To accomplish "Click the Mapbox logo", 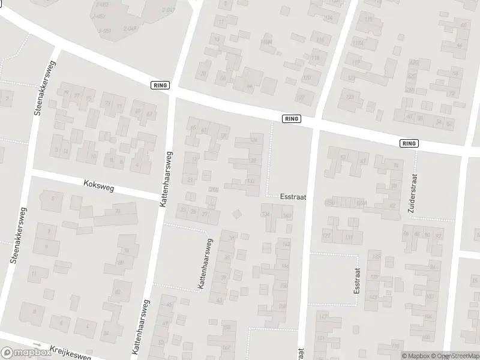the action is tap(25, 353).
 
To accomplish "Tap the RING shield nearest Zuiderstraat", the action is tap(410, 143).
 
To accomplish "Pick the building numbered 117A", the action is tap(358, 43).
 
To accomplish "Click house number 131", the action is tap(349, 237).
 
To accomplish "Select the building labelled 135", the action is tap(376, 257).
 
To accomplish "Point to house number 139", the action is tap(374, 277).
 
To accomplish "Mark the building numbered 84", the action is tap(106, 333).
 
